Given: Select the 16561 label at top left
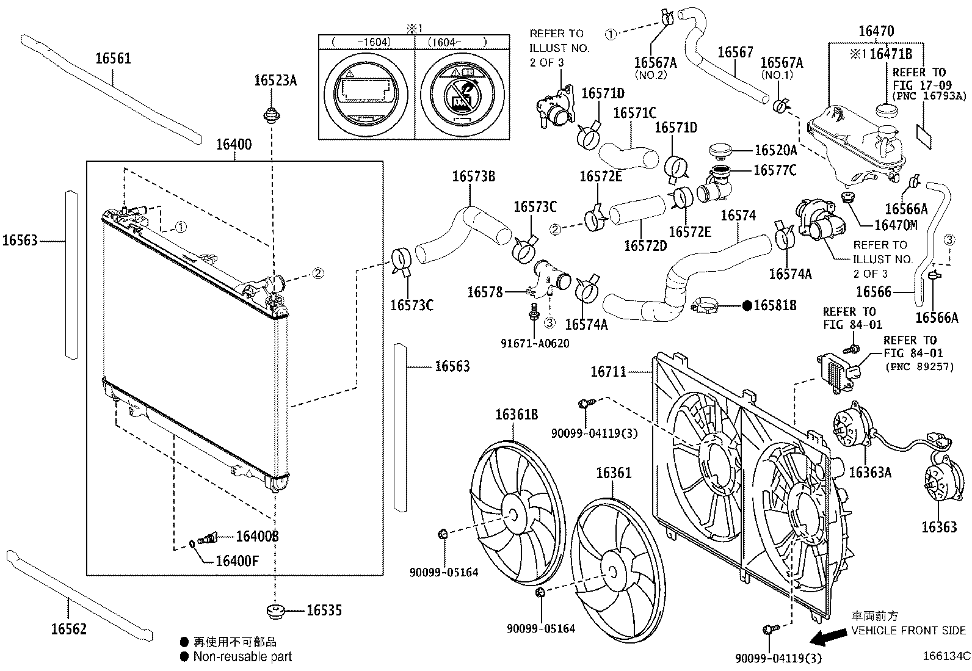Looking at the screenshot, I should click(113, 59).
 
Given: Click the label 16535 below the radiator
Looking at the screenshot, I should click(324, 610).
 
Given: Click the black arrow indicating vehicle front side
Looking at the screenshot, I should click(826, 638).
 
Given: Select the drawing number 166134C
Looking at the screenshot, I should click(946, 657).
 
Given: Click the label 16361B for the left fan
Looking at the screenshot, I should click(517, 415).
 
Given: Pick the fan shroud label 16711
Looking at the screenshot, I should click(608, 371).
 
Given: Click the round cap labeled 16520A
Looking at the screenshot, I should click(722, 150).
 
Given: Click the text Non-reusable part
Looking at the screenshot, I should click(242, 657).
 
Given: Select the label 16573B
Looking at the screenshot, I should click(473, 177).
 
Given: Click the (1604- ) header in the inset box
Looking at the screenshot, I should click(457, 42).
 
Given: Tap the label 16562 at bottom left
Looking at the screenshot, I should click(68, 629).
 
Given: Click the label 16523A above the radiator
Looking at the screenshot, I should click(275, 80).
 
